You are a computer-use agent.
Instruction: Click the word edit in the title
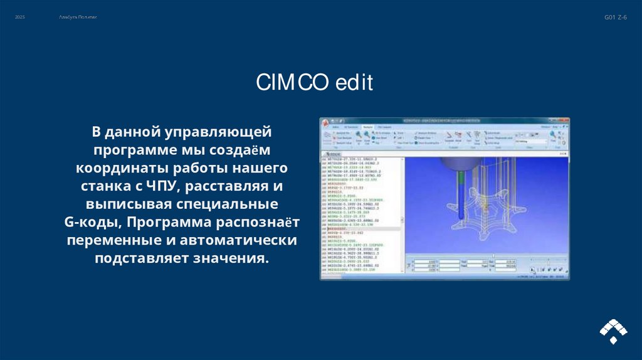(354, 82)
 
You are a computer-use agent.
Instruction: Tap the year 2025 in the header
(20, 17)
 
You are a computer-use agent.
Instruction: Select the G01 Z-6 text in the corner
(615, 18)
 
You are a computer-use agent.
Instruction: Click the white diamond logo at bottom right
(613, 330)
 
